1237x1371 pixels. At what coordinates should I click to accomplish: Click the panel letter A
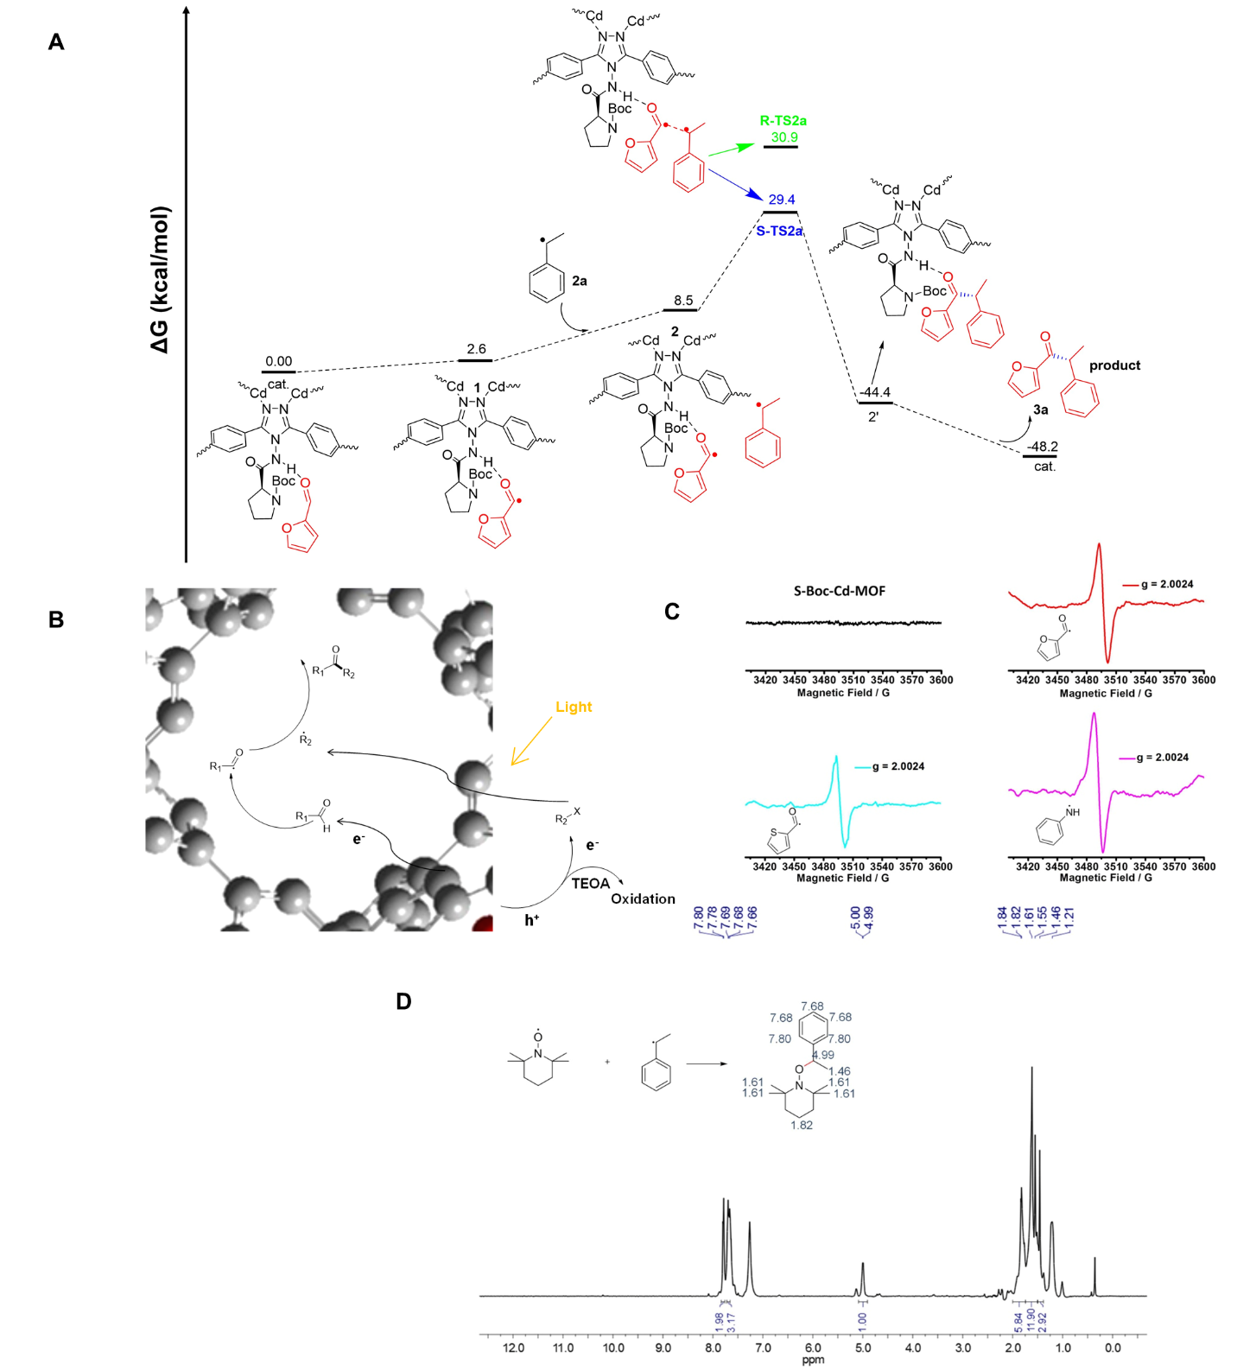(x=56, y=41)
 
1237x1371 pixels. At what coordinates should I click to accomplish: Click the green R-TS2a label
(x=783, y=121)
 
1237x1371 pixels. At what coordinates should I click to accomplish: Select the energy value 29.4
(x=782, y=200)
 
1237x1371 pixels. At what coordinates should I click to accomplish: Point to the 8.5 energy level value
(x=683, y=301)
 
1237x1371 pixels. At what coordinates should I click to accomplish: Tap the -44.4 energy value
(x=874, y=392)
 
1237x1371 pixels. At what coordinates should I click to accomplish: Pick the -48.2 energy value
(x=1042, y=447)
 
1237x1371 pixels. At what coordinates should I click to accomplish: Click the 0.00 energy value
(x=278, y=361)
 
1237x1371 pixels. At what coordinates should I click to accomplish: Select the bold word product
(x=1114, y=365)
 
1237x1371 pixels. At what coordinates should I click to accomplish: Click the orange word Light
(x=574, y=707)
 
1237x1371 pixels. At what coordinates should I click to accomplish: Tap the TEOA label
(x=591, y=883)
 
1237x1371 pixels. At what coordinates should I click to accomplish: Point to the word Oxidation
(x=643, y=898)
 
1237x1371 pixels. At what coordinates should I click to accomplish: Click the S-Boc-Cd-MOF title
(x=840, y=591)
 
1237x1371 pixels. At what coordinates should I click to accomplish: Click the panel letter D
(x=403, y=1001)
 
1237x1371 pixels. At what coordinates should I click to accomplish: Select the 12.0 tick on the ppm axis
(x=513, y=1348)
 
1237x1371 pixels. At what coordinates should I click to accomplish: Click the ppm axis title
(x=813, y=1361)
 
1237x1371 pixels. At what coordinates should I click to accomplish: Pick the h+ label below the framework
(x=532, y=920)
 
